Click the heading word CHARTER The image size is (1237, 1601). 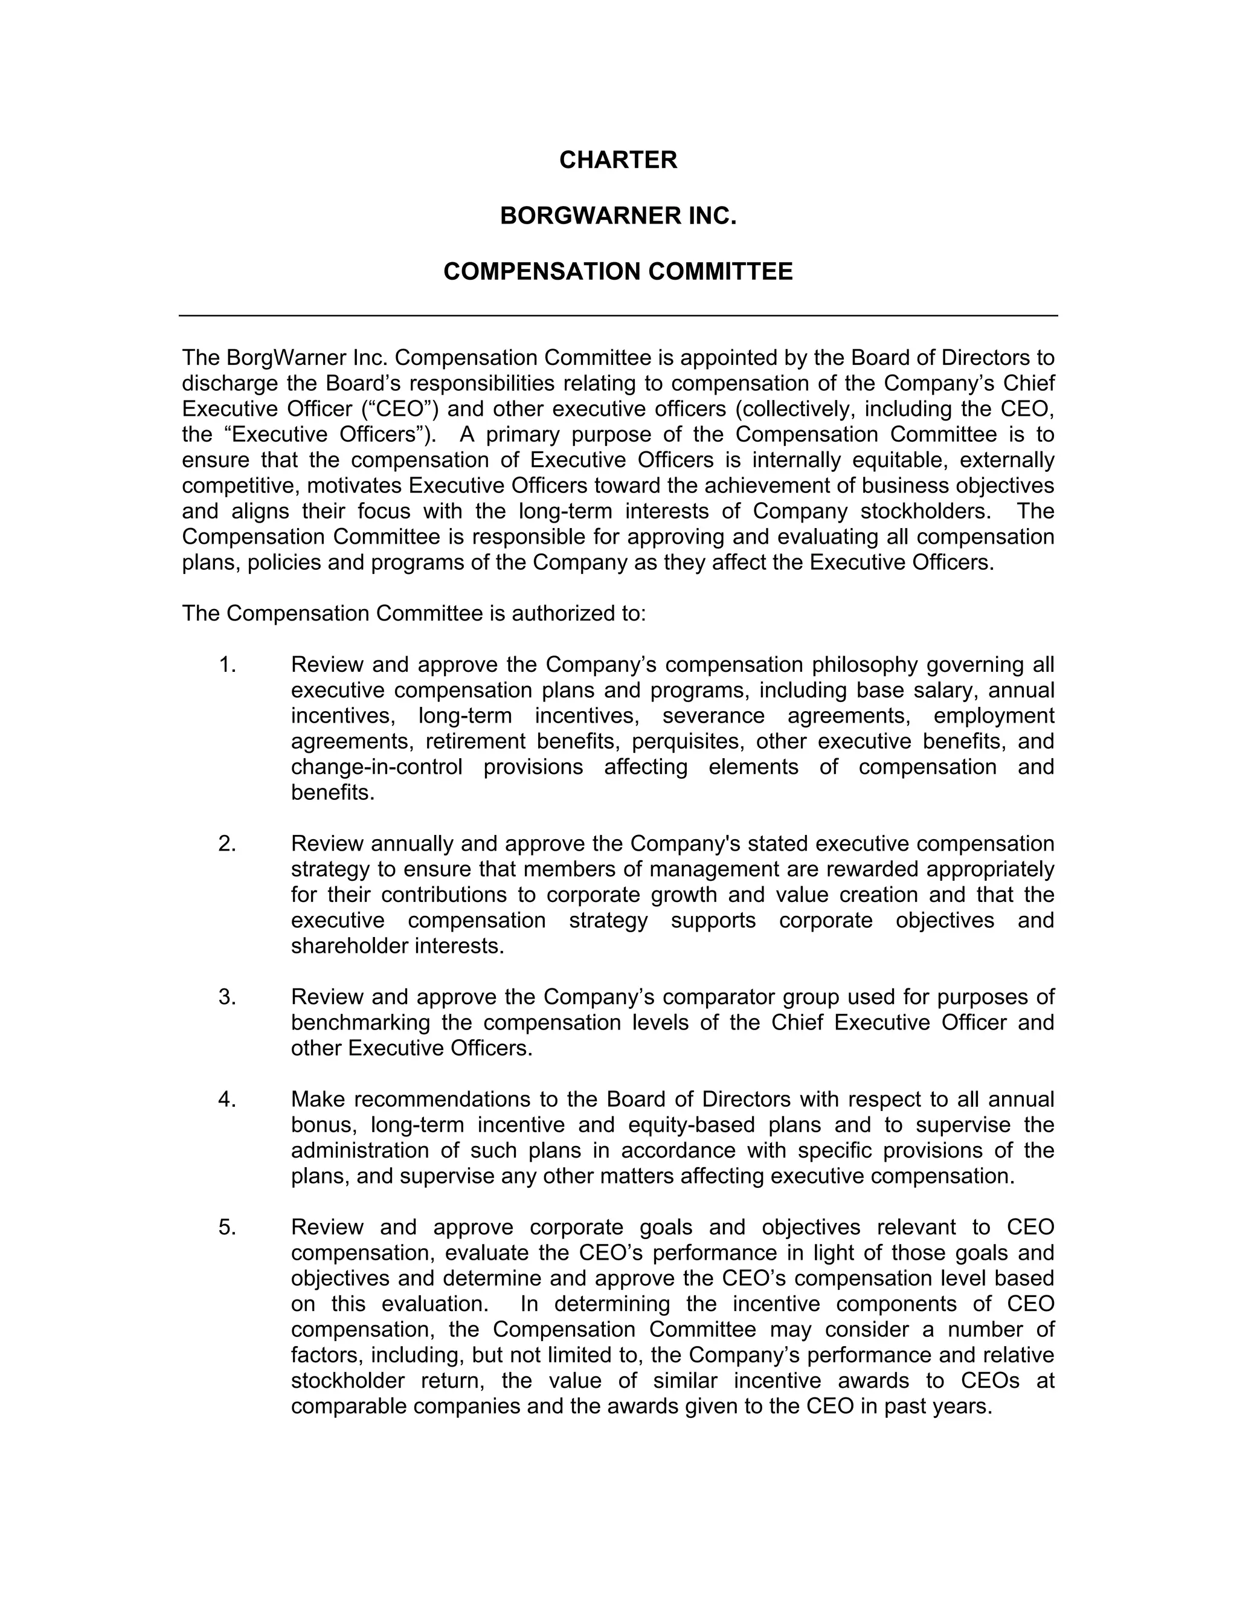(618, 160)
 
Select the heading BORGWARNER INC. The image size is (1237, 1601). (618, 216)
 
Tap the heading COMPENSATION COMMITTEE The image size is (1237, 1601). (618, 271)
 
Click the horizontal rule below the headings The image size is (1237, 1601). (618, 316)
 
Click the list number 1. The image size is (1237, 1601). (227, 665)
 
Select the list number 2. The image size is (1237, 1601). (227, 844)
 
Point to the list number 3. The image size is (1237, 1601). (227, 997)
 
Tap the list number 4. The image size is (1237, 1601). (227, 1100)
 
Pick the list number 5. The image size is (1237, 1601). (227, 1227)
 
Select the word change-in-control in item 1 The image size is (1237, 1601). (377, 767)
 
